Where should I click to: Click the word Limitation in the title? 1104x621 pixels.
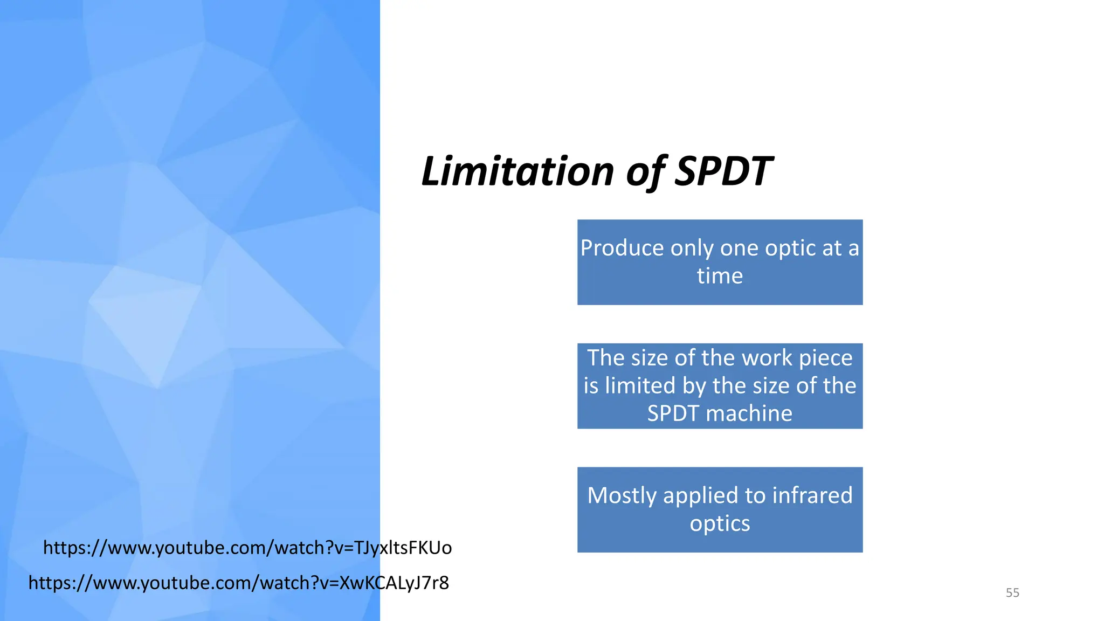pos(517,171)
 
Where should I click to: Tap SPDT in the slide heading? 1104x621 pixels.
pos(723,171)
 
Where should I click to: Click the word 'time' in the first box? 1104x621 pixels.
pos(720,276)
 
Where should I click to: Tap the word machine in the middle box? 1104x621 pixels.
pos(749,413)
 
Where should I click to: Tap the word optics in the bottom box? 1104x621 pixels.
pos(720,523)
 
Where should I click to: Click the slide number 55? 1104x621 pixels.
pos(1012,593)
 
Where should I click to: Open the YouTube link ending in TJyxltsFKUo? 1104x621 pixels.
pos(247,548)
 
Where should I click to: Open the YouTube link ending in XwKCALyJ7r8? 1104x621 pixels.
pos(238,583)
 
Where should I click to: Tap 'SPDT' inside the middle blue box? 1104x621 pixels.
pos(673,413)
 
